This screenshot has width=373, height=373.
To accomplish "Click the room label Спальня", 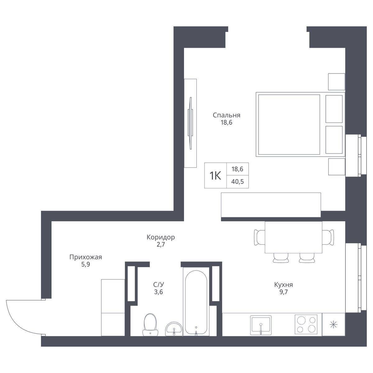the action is click(227, 115).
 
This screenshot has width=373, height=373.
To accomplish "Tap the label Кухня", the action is click(283, 285).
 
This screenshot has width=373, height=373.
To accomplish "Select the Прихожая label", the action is click(85, 257).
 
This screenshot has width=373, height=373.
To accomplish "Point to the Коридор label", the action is click(161, 237).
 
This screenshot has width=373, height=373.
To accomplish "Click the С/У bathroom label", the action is click(159, 284).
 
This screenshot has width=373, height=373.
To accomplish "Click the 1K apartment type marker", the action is click(215, 176).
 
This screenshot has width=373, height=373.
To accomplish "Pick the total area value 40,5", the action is click(237, 182).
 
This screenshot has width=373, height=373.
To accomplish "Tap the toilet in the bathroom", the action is click(150, 325).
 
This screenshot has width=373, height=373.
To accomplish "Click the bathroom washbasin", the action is click(174, 329).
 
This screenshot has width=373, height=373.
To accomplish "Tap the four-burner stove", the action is click(306, 325).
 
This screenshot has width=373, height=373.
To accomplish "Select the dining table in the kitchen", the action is click(293, 237).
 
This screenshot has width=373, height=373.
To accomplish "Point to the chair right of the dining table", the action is click(328, 237).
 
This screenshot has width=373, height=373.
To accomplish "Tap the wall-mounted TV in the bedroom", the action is click(191, 123).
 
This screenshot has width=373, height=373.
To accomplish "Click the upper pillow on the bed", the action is click(334, 109).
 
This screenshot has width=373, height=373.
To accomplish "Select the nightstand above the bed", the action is click(336, 82).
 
